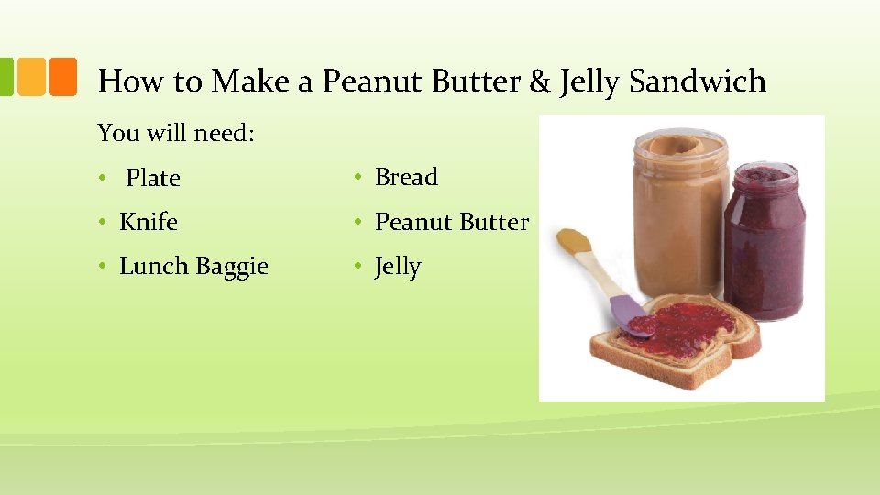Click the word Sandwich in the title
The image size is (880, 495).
[698, 82]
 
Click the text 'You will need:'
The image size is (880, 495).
[176, 133]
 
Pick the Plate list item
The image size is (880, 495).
[153, 178]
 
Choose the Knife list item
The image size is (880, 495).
[148, 222]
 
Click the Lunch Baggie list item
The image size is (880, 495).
[193, 267]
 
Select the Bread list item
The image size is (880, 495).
[407, 177]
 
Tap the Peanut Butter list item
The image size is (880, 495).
[452, 222]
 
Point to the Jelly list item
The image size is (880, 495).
[398, 267]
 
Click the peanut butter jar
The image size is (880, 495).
[681, 211]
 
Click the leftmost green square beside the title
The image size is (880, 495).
[5, 78]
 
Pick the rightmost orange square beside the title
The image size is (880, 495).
[62, 78]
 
